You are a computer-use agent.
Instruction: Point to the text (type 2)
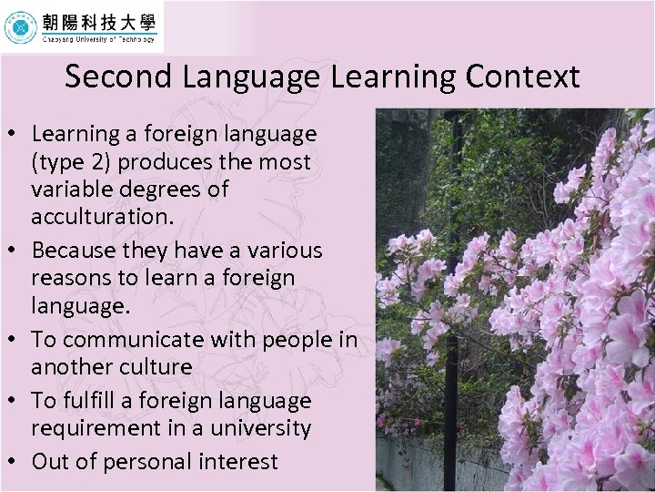point(68,162)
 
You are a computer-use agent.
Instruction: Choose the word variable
point(69,190)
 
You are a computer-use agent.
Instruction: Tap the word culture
point(157,366)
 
